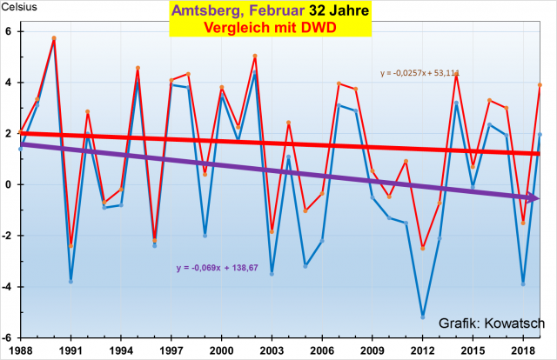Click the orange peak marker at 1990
(x=54, y=38)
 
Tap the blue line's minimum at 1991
(x=70, y=282)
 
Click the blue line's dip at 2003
(x=272, y=274)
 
